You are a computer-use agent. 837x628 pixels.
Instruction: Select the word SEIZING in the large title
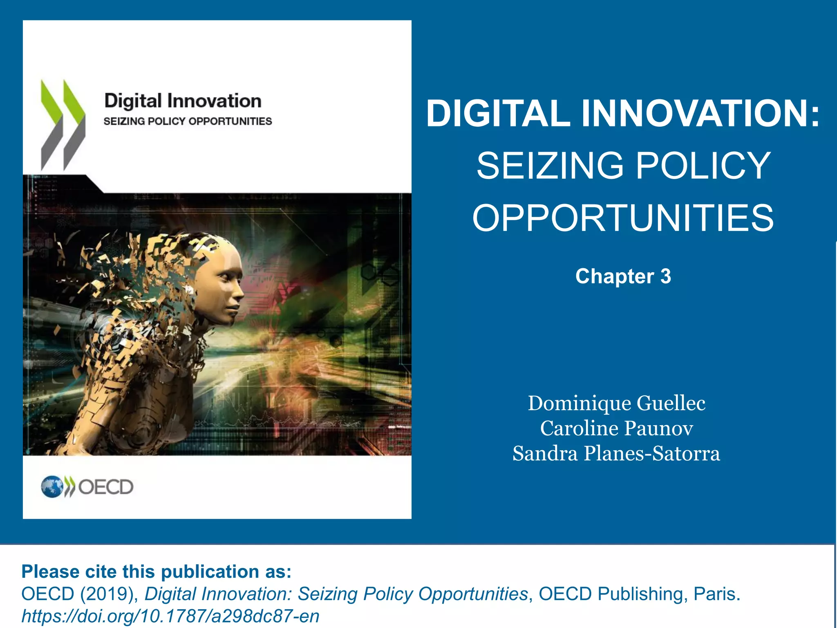point(550,166)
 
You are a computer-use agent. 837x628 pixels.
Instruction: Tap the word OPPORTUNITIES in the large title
point(623,218)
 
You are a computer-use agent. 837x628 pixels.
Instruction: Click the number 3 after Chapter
point(665,276)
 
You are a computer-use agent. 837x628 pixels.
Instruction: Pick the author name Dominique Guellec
point(616,403)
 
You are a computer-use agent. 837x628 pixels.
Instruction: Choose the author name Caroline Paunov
point(616,428)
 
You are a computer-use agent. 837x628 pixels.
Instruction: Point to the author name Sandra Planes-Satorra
point(616,454)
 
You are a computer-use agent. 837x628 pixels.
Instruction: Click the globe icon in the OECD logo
point(52,487)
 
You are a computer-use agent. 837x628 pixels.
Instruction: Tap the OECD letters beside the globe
point(105,487)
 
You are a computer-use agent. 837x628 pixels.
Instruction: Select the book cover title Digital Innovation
point(183,101)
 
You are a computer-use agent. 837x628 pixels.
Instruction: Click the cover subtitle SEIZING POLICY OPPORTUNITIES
point(188,121)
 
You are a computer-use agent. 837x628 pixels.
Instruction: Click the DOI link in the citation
point(170,616)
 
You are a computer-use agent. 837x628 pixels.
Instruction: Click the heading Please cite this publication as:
point(156,572)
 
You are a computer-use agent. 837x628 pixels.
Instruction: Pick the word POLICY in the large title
point(703,166)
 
